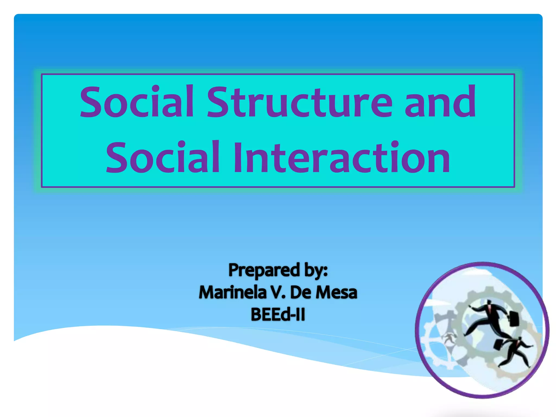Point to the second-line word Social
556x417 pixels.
[162, 158]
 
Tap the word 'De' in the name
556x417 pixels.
[301, 293]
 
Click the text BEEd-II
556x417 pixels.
[278, 315]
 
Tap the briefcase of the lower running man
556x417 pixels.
[498, 344]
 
